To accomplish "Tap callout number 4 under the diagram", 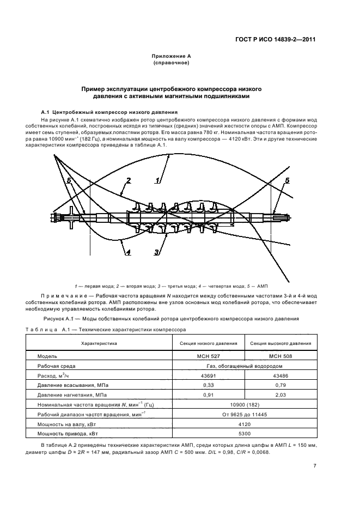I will click(x=127, y=252).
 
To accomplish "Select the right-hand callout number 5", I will click(x=288, y=180).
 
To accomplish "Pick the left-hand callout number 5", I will click(x=69, y=180).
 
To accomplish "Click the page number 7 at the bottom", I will click(x=315, y=466).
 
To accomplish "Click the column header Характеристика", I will click(x=99, y=343).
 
